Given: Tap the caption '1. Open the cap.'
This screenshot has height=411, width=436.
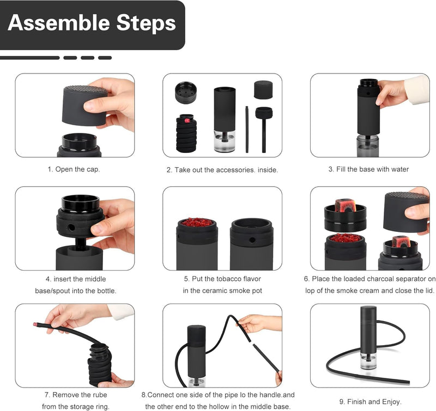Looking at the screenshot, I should click(x=74, y=169).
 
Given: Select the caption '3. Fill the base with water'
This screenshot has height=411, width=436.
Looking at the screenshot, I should click(x=368, y=169).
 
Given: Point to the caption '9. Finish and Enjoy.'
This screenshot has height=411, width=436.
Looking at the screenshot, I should click(x=370, y=402).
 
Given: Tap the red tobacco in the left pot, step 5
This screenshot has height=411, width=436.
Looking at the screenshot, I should click(x=196, y=223).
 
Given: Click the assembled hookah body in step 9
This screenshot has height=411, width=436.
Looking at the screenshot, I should click(x=368, y=338).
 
